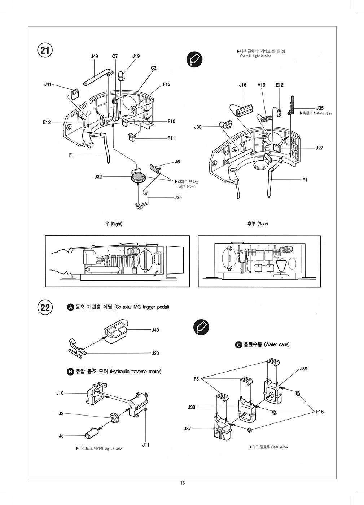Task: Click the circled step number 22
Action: (45, 308)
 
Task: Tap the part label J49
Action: (94, 56)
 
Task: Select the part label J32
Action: (98, 177)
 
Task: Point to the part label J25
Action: (178, 197)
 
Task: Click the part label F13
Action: (166, 84)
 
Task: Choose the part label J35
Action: (320, 108)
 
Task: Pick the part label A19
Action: (261, 85)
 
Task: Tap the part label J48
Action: (155, 330)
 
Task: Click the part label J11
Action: (146, 445)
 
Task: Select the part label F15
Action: (320, 412)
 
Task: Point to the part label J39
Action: (303, 369)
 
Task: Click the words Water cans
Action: (277, 344)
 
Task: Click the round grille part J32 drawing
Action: (138, 177)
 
